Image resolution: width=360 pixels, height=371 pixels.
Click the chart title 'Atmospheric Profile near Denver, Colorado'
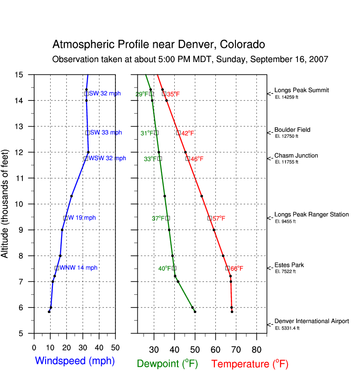tap(158, 45)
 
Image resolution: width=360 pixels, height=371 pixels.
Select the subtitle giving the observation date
tap(190, 60)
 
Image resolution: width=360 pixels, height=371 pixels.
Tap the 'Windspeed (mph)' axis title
tap(75, 361)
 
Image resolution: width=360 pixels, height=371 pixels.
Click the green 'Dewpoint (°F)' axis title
tap(167, 364)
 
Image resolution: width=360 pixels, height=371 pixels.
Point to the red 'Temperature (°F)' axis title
tap(250, 364)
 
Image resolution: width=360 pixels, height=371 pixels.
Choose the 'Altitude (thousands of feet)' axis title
tap(5, 203)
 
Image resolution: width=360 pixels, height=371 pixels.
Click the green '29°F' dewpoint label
tap(142, 94)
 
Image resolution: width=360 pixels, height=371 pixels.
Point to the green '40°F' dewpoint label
tap(165, 269)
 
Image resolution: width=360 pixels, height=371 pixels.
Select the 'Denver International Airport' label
tap(311, 321)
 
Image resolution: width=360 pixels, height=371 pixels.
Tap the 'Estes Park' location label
tap(289, 265)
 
